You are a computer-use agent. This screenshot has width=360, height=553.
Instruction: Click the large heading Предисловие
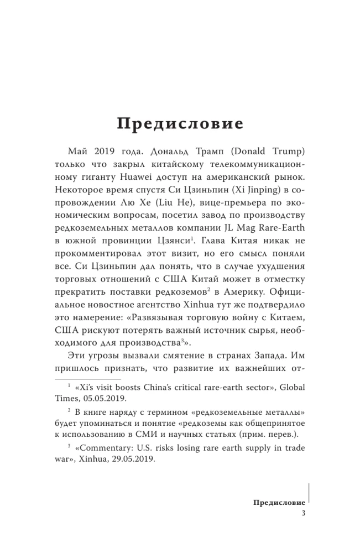point(180,123)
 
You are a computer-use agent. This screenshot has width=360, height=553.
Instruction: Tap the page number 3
point(304,514)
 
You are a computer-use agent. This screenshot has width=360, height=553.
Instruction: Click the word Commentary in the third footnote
point(103,447)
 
